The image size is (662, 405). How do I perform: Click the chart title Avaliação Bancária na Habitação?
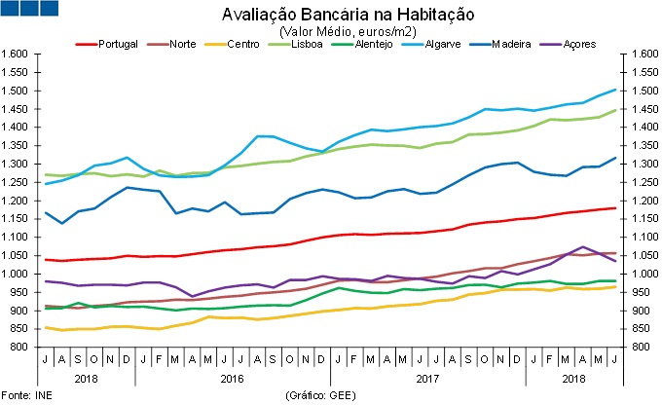pos(334,15)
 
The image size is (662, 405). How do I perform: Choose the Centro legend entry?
pos(246,45)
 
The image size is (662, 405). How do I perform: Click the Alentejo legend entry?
pos(374,45)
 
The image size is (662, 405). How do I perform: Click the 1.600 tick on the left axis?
pos(18,55)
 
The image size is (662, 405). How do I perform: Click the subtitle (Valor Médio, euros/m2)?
pos(334,31)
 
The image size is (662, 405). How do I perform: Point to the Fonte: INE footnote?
pos(28,395)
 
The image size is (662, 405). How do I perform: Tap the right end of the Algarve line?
pos(614,90)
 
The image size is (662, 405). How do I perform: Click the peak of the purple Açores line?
pos(583,247)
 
